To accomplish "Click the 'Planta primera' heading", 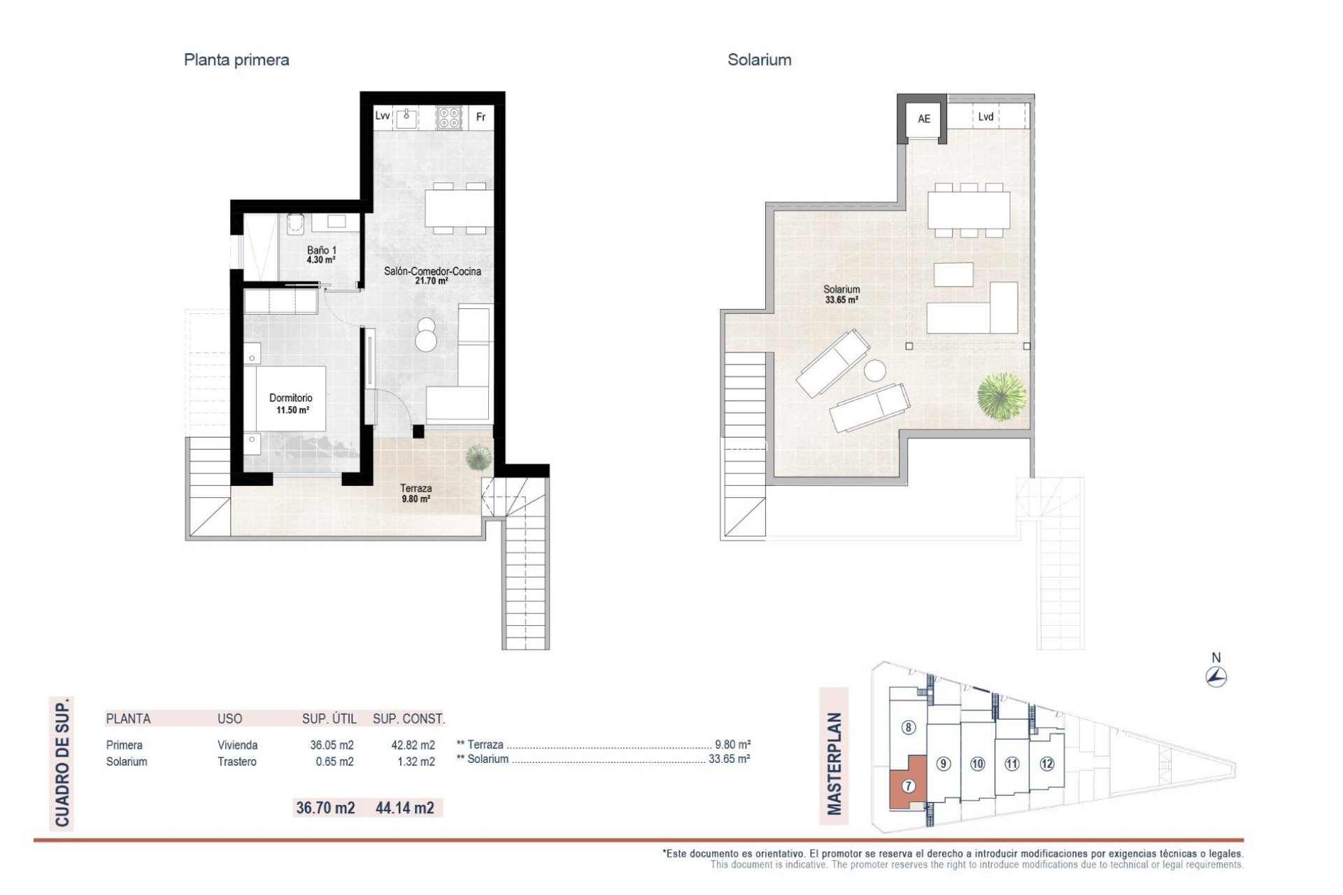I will pyautogui.click(x=236, y=60).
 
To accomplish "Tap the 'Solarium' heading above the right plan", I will pyautogui.click(x=759, y=60).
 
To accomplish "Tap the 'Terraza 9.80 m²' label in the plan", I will pyautogui.click(x=415, y=494).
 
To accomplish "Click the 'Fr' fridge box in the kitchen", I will pyautogui.click(x=481, y=117).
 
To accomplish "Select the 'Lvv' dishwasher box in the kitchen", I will pyautogui.click(x=382, y=116).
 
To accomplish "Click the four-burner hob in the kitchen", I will pyautogui.click(x=449, y=117).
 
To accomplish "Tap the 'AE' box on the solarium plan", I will pyautogui.click(x=923, y=119).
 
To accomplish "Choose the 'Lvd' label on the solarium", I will pyautogui.click(x=986, y=117).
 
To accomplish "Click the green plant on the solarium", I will pyautogui.click(x=1002, y=396).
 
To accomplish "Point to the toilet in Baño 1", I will pyautogui.click(x=296, y=223).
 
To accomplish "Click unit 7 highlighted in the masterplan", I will pyautogui.click(x=908, y=785).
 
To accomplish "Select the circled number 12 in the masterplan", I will pyautogui.click(x=1046, y=764).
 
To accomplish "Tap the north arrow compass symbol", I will pyautogui.click(x=1216, y=676).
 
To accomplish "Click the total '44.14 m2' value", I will pyautogui.click(x=404, y=808).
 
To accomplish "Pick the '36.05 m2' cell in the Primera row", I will pyautogui.click(x=332, y=745).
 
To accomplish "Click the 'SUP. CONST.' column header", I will pyautogui.click(x=408, y=718).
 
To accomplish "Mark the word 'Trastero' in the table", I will pyautogui.click(x=236, y=761).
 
